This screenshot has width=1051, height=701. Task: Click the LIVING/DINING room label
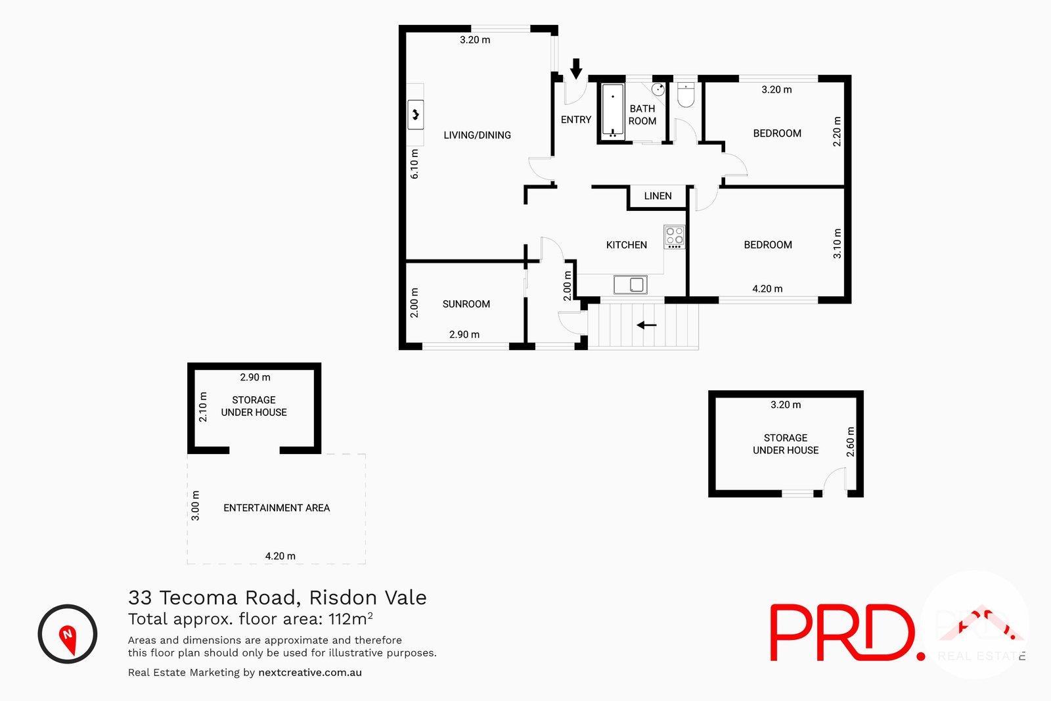(x=477, y=135)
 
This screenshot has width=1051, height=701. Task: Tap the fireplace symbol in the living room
(x=415, y=115)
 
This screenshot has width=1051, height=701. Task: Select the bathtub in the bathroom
(x=613, y=110)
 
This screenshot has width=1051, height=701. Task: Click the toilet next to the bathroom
(x=686, y=95)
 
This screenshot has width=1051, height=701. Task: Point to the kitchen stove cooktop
(x=674, y=237)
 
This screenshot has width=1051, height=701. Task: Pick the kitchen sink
(x=631, y=284)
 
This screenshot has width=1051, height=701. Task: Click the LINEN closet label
(x=658, y=196)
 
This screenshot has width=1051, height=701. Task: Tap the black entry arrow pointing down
(x=576, y=68)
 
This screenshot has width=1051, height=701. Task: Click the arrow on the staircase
(x=646, y=325)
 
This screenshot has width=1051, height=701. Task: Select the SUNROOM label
(x=466, y=304)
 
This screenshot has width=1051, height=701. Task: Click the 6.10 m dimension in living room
(x=414, y=164)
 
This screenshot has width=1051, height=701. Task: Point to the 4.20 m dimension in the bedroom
(x=767, y=289)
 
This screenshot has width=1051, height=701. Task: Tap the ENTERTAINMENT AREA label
(x=277, y=508)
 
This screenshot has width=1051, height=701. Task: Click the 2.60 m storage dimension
(x=851, y=441)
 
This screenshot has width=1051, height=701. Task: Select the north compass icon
(x=68, y=634)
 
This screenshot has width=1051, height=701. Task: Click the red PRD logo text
(x=844, y=633)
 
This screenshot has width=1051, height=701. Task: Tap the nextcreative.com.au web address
(x=310, y=673)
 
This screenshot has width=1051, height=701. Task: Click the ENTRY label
(x=576, y=120)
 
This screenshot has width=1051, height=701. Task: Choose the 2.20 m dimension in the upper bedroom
(x=837, y=131)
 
